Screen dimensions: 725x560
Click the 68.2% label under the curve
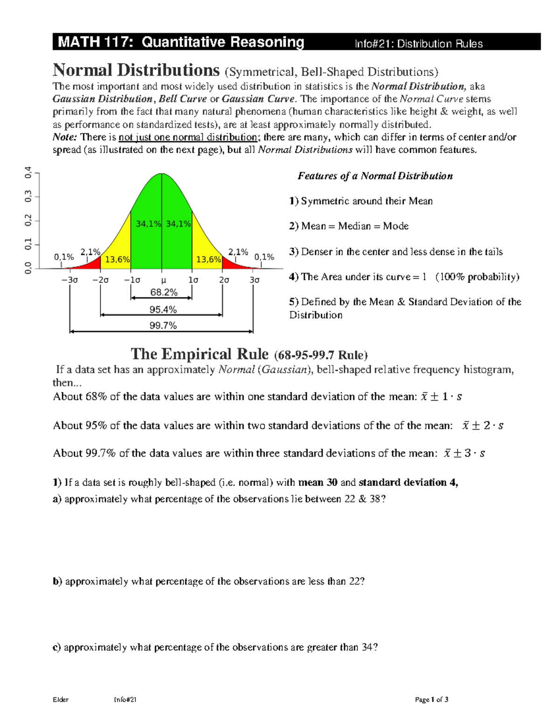[x=164, y=293]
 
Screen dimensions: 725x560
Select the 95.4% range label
[x=163, y=310]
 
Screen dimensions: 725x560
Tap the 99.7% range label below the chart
[x=163, y=325]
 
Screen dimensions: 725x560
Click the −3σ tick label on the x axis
[x=70, y=280]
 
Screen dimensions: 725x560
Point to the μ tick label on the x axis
[x=163, y=280]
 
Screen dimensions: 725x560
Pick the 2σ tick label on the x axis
[x=224, y=280]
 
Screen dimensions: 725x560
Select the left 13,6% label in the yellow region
[x=117, y=260]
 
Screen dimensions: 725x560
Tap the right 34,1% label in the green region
[x=178, y=224]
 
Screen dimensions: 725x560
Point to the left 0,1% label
[x=64, y=257]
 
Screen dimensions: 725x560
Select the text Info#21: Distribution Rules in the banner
[x=419, y=44]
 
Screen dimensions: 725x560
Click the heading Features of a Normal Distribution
[x=375, y=176]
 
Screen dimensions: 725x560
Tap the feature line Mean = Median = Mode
[x=355, y=226]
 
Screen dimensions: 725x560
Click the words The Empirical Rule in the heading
[x=200, y=354]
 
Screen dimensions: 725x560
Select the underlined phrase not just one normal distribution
[x=188, y=137]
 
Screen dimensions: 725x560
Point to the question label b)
[x=57, y=581]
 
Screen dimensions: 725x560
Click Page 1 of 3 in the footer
[x=432, y=699]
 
